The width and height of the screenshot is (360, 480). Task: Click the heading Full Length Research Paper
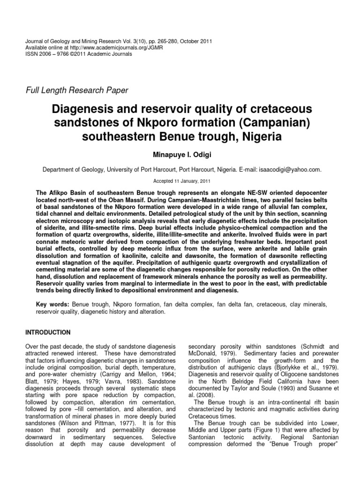76,90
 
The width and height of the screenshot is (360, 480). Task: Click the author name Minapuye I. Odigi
180,154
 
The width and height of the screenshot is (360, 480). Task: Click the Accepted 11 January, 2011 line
180,181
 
